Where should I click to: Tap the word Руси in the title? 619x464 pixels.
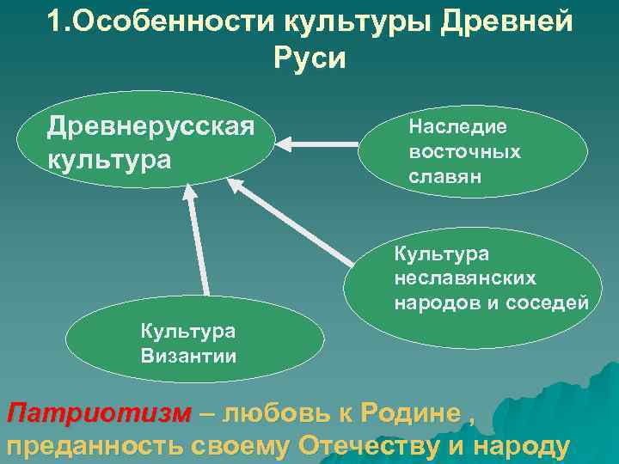tap(309, 58)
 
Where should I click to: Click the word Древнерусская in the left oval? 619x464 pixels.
tap(150, 126)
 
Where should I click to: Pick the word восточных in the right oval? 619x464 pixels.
tap(464, 151)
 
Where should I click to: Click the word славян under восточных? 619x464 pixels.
tap(445, 176)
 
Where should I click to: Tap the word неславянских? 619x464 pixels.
tap(465, 278)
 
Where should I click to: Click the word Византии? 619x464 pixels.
tap(189, 355)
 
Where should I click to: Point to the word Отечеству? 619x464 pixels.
tap(380, 446)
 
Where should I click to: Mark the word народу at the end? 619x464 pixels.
tap(528, 446)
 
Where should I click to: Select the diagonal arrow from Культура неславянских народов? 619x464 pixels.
tap(292, 219)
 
